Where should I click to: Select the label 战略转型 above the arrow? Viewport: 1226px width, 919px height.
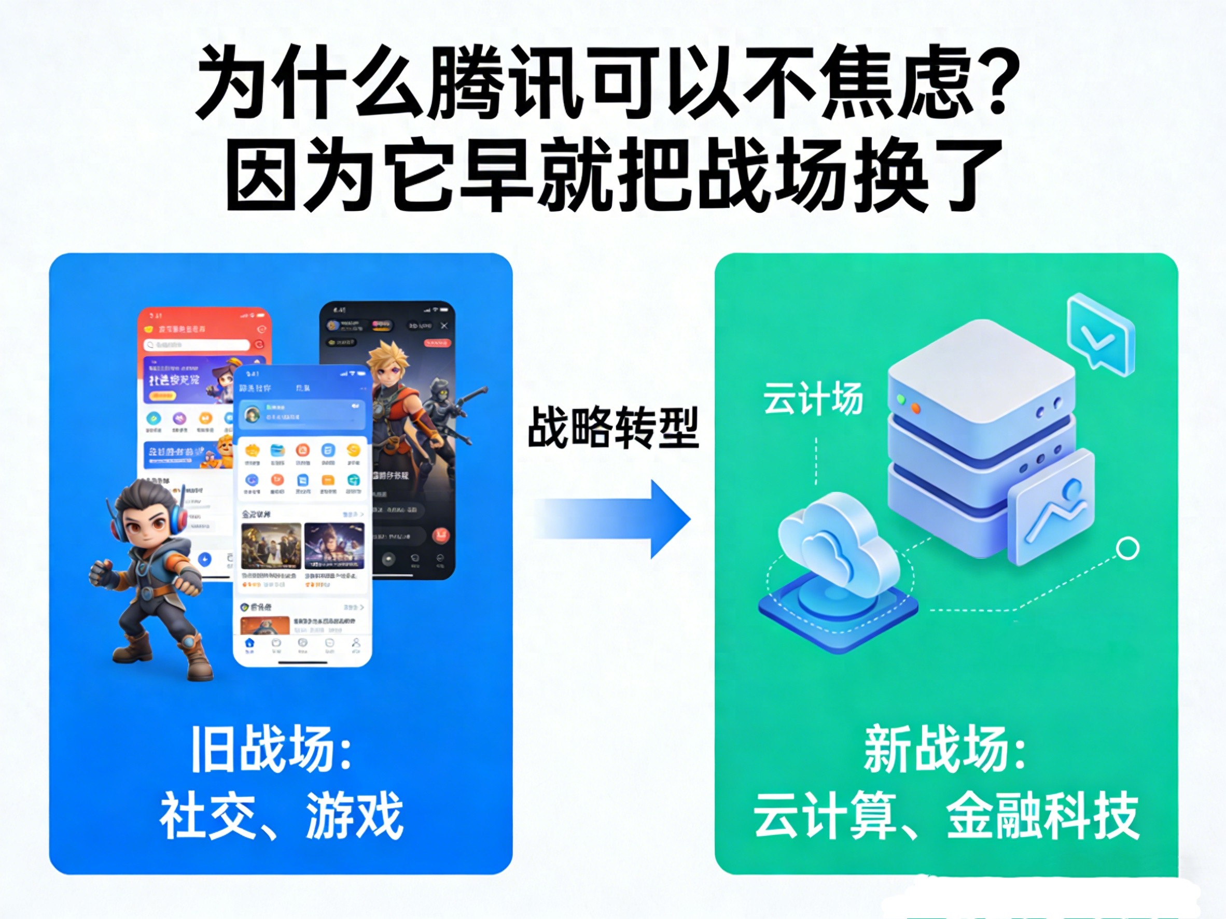pos(612,427)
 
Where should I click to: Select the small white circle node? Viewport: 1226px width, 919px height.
pos(1127,548)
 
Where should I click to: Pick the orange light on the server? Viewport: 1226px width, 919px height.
pos(915,408)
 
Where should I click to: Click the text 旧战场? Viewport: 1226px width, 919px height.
pos(272,749)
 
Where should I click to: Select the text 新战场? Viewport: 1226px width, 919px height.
pos(945,749)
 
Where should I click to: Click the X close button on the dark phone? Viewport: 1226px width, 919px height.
pos(444,326)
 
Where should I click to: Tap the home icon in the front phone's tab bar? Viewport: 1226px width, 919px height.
pos(249,643)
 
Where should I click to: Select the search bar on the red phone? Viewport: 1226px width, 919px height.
pos(197,345)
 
